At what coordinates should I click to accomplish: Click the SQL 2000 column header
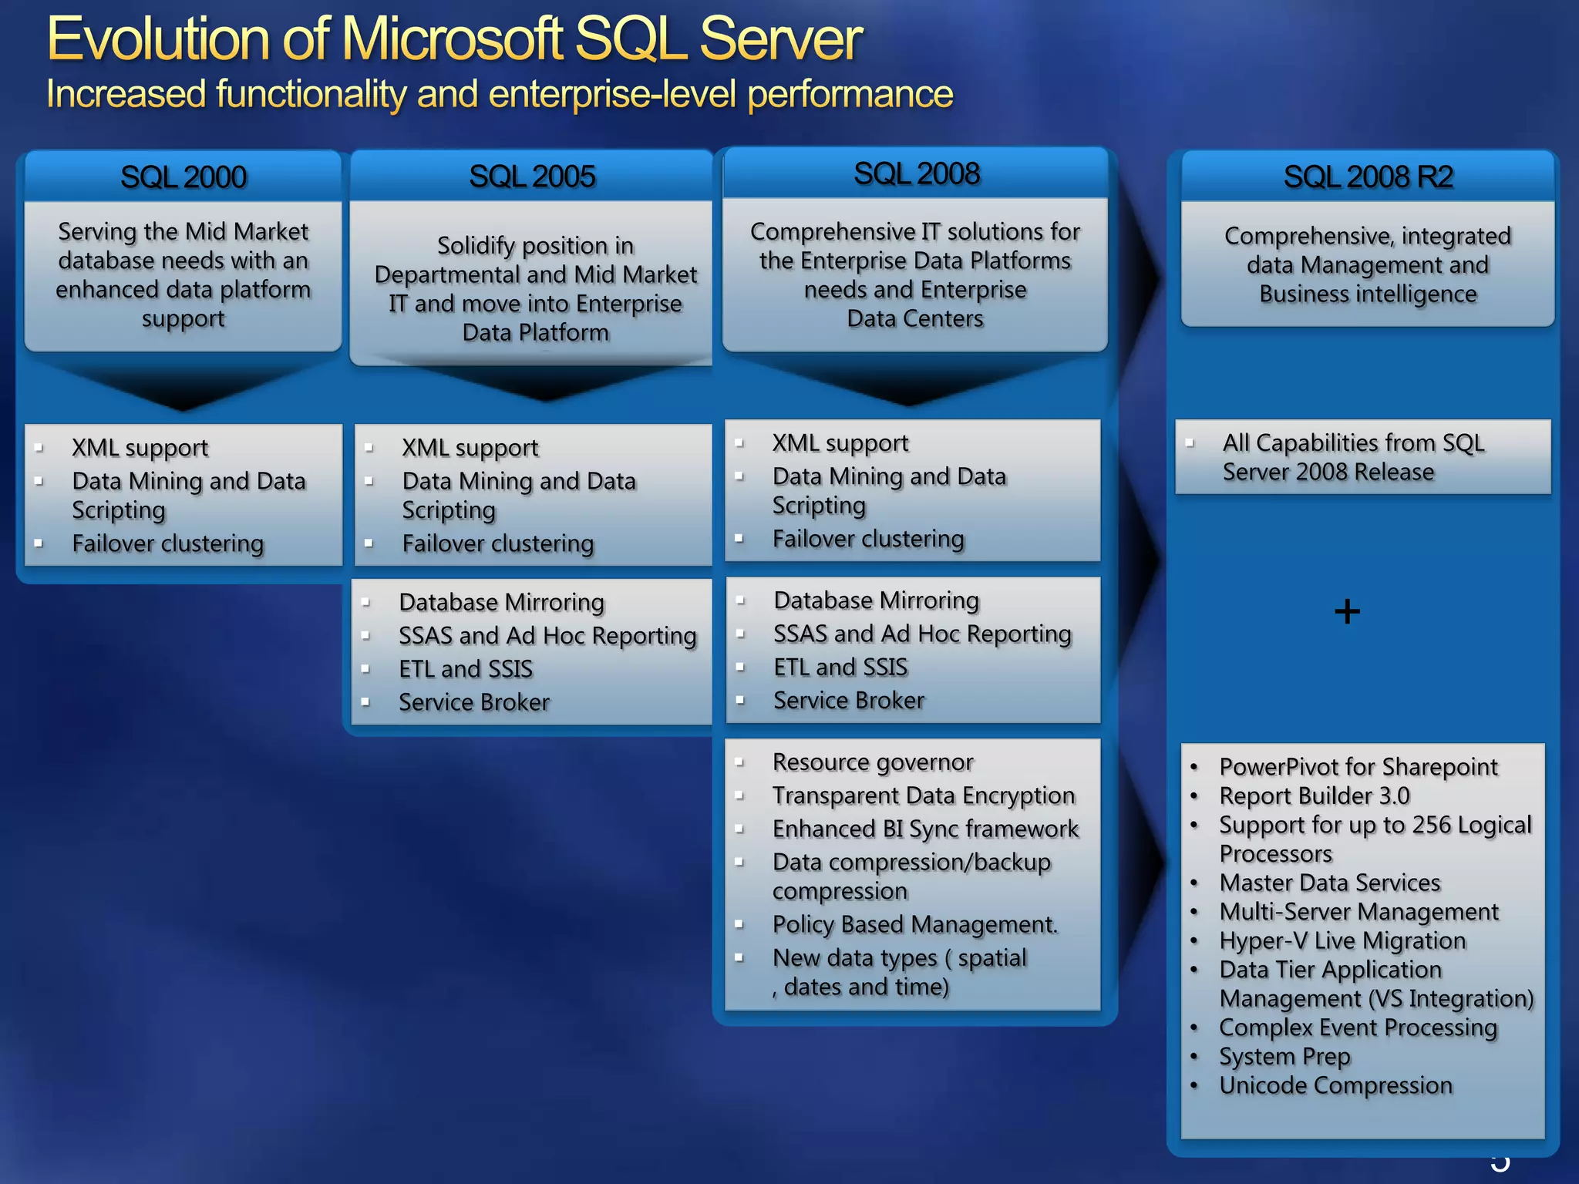pyautogui.click(x=183, y=177)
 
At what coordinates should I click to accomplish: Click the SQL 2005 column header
pyautogui.click(x=532, y=177)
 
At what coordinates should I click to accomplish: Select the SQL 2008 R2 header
pyautogui.click(x=1368, y=177)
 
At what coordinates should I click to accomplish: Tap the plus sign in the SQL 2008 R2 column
pyautogui.click(x=1347, y=612)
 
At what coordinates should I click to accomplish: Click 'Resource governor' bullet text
pyautogui.click(x=873, y=762)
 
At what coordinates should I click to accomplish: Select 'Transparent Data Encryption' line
pyautogui.click(x=924, y=795)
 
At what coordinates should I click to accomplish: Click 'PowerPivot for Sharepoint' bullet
pyautogui.click(x=1358, y=767)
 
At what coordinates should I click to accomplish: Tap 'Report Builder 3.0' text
pyautogui.click(x=1314, y=795)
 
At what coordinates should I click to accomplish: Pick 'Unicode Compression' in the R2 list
pyautogui.click(x=1335, y=1085)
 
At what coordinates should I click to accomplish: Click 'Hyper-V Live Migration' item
pyautogui.click(x=1342, y=940)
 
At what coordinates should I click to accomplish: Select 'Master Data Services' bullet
pyautogui.click(x=1329, y=883)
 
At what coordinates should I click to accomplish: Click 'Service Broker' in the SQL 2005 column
pyautogui.click(x=474, y=702)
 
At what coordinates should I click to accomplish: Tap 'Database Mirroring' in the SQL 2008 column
pyautogui.click(x=876, y=600)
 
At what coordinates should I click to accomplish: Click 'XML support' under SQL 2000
pyautogui.click(x=140, y=448)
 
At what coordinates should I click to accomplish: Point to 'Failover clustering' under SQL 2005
pyautogui.click(x=498, y=543)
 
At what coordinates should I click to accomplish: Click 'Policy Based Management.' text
pyautogui.click(x=915, y=924)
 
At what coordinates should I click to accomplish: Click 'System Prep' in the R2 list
pyautogui.click(x=1284, y=1057)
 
